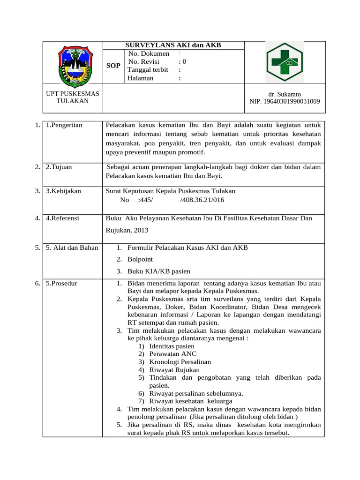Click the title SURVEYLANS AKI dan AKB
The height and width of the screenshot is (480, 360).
pyautogui.click(x=173, y=45)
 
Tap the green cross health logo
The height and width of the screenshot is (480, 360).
pyautogui.click(x=285, y=62)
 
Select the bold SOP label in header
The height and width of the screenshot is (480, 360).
pyautogui.click(x=113, y=66)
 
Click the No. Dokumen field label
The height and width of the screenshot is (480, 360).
pyautogui.click(x=149, y=53)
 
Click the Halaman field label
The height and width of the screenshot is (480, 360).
pyautogui.click(x=141, y=78)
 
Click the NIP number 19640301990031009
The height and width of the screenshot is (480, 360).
pyautogui.click(x=285, y=101)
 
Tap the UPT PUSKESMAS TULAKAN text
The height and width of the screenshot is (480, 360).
pyautogui.click(x=73, y=97)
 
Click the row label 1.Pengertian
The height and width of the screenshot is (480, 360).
pyautogui.click(x=64, y=125)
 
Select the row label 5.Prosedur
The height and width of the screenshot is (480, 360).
pyautogui.click(x=62, y=284)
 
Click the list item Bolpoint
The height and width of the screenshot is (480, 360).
pyautogui.click(x=140, y=259)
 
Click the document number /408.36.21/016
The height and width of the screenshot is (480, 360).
pyautogui.click(x=202, y=200)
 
